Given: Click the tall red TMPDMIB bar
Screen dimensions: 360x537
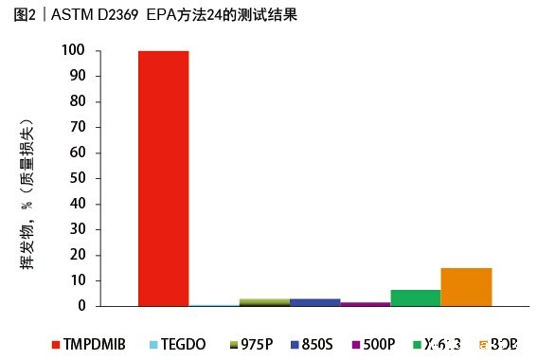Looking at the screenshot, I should pos(163,178).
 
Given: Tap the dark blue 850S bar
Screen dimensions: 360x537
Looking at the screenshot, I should pos(314,302).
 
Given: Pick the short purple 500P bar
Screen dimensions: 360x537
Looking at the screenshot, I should pos(365,304).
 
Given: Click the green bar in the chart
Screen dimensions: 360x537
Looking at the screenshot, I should pos(415,297).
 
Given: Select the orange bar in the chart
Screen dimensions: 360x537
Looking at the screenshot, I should pos(466,287).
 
